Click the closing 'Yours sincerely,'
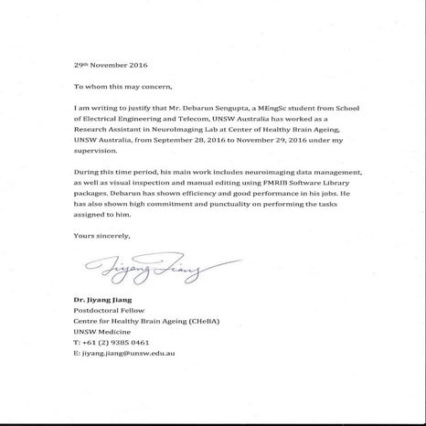102,236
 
